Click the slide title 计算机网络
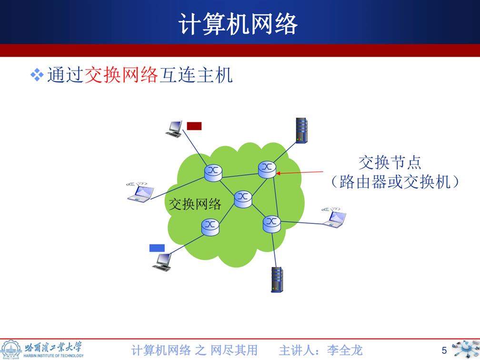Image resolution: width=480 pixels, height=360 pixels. pyautogui.click(x=238, y=24)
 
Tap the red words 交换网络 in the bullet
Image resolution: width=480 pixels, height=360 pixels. pyautogui.click(x=121, y=75)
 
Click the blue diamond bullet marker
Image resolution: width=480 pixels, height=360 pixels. pyautogui.click(x=37, y=75)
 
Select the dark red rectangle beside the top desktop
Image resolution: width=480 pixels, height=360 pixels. pyautogui.click(x=194, y=126)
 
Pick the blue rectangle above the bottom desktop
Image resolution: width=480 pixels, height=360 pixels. pyautogui.click(x=157, y=248)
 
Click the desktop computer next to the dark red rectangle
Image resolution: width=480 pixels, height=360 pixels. pyautogui.click(x=174, y=129)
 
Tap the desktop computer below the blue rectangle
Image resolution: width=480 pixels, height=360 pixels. pyautogui.click(x=162, y=262)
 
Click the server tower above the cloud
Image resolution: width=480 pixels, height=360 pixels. pyautogui.click(x=301, y=130)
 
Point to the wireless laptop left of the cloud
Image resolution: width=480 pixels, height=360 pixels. pyautogui.click(x=140, y=192)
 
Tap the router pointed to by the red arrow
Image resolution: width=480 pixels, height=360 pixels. pyautogui.click(x=267, y=170)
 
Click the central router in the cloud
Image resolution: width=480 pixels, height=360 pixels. pyautogui.click(x=243, y=199)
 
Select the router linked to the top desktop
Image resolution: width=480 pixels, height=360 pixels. pyautogui.click(x=213, y=173)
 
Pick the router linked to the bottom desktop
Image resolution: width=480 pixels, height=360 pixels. pyautogui.click(x=210, y=227)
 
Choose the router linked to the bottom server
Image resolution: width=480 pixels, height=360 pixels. pyautogui.click(x=272, y=224)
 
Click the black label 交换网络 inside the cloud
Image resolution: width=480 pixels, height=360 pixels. pyautogui.click(x=195, y=204)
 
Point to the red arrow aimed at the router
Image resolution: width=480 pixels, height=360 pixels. pyautogui.click(x=300, y=173)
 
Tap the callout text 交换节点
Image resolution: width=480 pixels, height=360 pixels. pyautogui.click(x=390, y=162)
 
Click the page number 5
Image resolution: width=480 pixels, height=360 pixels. pyautogui.click(x=444, y=350)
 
